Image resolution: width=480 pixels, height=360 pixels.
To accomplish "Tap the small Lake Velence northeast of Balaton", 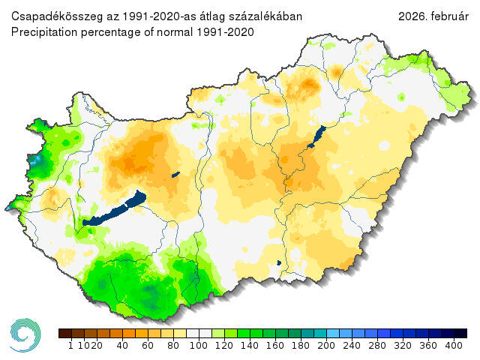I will [x=175, y=175].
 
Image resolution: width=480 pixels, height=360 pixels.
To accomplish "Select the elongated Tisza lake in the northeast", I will [x=314, y=136].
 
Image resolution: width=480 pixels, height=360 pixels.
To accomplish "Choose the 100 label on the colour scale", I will [x=199, y=346].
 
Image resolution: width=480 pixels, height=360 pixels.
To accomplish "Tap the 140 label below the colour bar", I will [x=250, y=346].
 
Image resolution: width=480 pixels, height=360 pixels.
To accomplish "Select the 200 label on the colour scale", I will [x=326, y=346].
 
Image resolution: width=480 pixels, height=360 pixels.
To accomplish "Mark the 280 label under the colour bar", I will [x=377, y=346].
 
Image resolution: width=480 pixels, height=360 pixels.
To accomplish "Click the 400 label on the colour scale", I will [x=454, y=346].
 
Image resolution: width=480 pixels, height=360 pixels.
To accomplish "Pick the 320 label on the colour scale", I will [x=403, y=346].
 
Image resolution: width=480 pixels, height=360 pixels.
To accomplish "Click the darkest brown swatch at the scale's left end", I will [x=64, y=333].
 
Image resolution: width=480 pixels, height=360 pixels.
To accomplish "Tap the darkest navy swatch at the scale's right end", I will [x=460, y=333].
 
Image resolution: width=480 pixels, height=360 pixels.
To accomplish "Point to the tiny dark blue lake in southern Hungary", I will [x=278, y=262].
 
